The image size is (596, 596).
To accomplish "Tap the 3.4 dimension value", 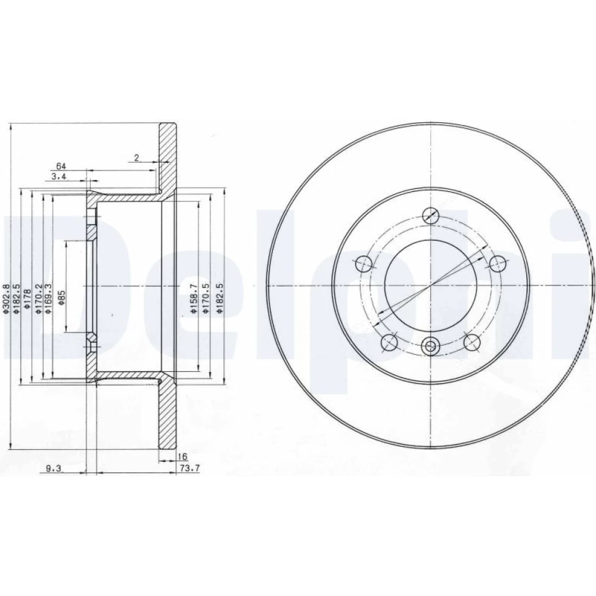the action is (x=59, y=176).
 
